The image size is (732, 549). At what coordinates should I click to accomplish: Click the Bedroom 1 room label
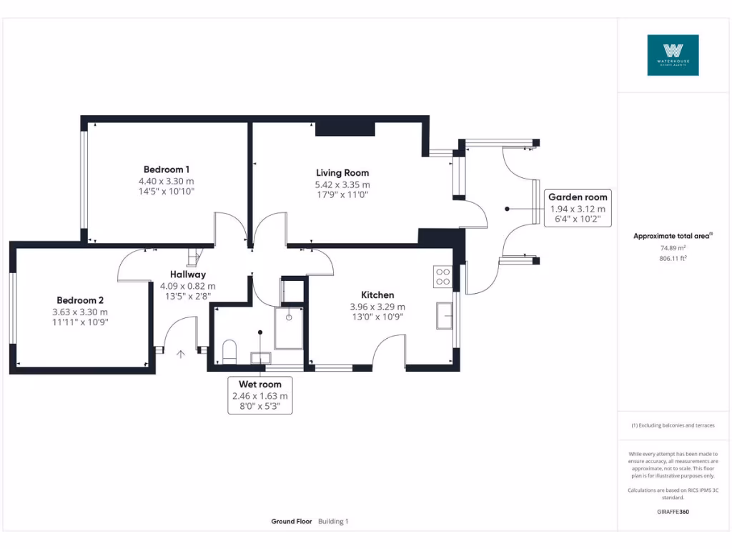click(x=167, y=169)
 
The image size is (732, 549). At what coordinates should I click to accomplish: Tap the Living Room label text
click(x=342, y=173)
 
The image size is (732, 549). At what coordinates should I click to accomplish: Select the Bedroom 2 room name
click(x=80, y=300)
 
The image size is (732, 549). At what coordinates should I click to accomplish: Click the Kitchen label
click(x=377, y=295)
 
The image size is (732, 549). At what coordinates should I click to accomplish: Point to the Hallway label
click(x=188, y=274)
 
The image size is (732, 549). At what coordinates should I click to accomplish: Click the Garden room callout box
click(x=578, y=208)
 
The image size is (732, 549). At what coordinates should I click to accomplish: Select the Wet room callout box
click(x=260, y=395)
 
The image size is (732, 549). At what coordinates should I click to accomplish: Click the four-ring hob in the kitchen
click(x=442, y=277)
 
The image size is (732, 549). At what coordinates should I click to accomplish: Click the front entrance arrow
click(x=179, y=353)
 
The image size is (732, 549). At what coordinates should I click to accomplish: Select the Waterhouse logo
click(x=673, y=55)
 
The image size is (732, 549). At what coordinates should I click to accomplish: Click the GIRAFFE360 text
click(x=673, y=512)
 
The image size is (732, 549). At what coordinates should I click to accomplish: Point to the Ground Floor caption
click(x=292, y=522)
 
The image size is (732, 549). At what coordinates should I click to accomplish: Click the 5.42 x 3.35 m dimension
click(x=342, y=185)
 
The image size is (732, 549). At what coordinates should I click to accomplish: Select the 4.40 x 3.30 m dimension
click(x=167, y=182)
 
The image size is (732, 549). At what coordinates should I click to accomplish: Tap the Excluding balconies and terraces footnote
click(x=673, y=425)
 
